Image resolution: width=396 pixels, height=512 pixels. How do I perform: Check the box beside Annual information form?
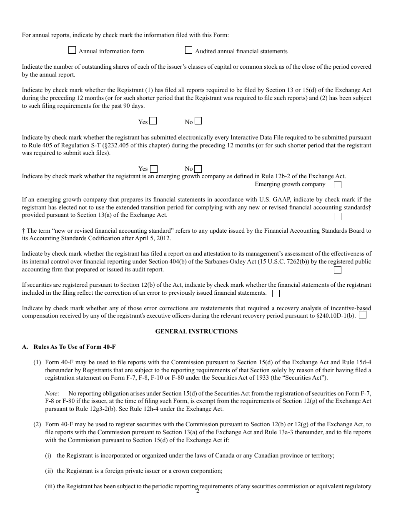click(72, 50)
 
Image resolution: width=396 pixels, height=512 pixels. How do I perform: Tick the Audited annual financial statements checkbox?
click(188, 50)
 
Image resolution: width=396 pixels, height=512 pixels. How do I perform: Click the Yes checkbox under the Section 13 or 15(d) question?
click(153, 121)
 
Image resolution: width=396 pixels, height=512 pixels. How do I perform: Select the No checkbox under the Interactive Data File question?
click(198, 169)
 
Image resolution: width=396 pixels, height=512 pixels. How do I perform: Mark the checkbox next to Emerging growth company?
click(338, 184)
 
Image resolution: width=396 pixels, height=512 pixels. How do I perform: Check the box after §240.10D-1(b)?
click(363, 315)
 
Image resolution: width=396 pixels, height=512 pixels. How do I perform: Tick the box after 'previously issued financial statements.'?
click(276, 293)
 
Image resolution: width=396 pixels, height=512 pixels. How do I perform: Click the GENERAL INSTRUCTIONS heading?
click(196, 331)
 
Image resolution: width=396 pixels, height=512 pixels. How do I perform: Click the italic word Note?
click(51, 393)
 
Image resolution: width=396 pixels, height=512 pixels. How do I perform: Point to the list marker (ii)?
click(49, 471)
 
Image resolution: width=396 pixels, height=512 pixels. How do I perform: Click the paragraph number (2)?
click(37, 425)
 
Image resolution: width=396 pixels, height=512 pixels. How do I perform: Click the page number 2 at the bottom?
click(198, 491)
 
